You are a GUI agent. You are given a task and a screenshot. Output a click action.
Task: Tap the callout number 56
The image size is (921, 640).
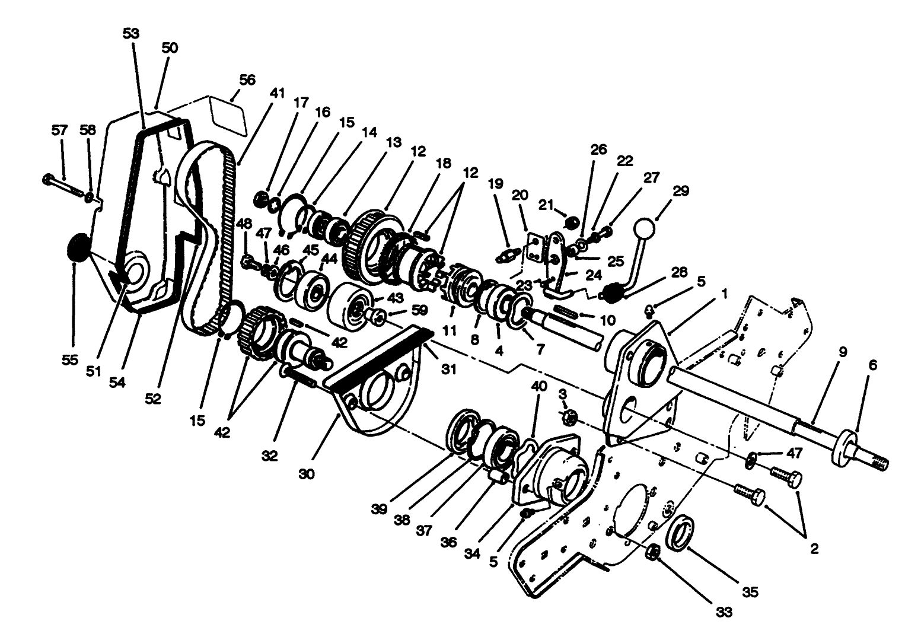[x=247, y=80]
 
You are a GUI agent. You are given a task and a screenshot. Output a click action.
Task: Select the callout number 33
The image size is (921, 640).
[x=724, y=612]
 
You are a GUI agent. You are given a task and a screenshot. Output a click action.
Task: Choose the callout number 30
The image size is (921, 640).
[x=307, y=474]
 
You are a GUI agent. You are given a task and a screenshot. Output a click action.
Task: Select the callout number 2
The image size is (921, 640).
[x=814, y=549]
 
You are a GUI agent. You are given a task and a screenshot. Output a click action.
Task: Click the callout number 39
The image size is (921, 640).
[x=380, y=509]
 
